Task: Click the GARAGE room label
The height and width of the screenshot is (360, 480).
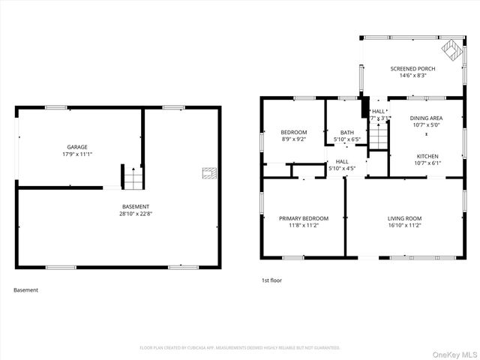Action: tap(77, 147)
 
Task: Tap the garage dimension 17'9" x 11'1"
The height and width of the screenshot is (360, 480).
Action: tap(77, 154)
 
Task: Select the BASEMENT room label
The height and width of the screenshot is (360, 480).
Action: tap(136, 206)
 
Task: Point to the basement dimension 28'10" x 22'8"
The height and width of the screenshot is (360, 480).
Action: tap(136, 214)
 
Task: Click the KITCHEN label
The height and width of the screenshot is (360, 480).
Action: tap(427, 156)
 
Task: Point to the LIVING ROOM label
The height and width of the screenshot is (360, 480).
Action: tap(405, 217)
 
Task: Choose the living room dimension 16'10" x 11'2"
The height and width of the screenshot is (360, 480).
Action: tap(405, 225)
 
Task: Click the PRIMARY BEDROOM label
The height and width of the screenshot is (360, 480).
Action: tap(304, 218)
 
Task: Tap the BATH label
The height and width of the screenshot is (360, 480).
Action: tap(346, 132)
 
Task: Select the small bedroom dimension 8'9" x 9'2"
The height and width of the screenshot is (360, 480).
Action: tap(293, 139)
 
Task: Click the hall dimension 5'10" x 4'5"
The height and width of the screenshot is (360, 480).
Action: tap(342, 168)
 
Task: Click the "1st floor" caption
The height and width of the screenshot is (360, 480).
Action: tap(271, 280)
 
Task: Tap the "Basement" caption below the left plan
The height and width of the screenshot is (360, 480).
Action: tap(25, 289)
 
